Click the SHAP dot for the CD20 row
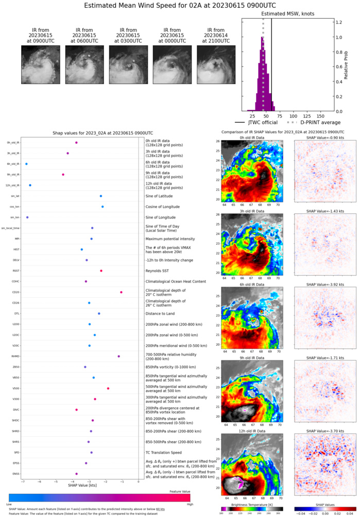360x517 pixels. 121,292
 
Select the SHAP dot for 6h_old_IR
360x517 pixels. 26,163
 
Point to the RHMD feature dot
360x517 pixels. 118,356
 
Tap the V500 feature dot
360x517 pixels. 108,388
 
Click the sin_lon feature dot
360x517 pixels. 27,217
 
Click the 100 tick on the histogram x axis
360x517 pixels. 294,115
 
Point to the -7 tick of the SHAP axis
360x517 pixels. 22,481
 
